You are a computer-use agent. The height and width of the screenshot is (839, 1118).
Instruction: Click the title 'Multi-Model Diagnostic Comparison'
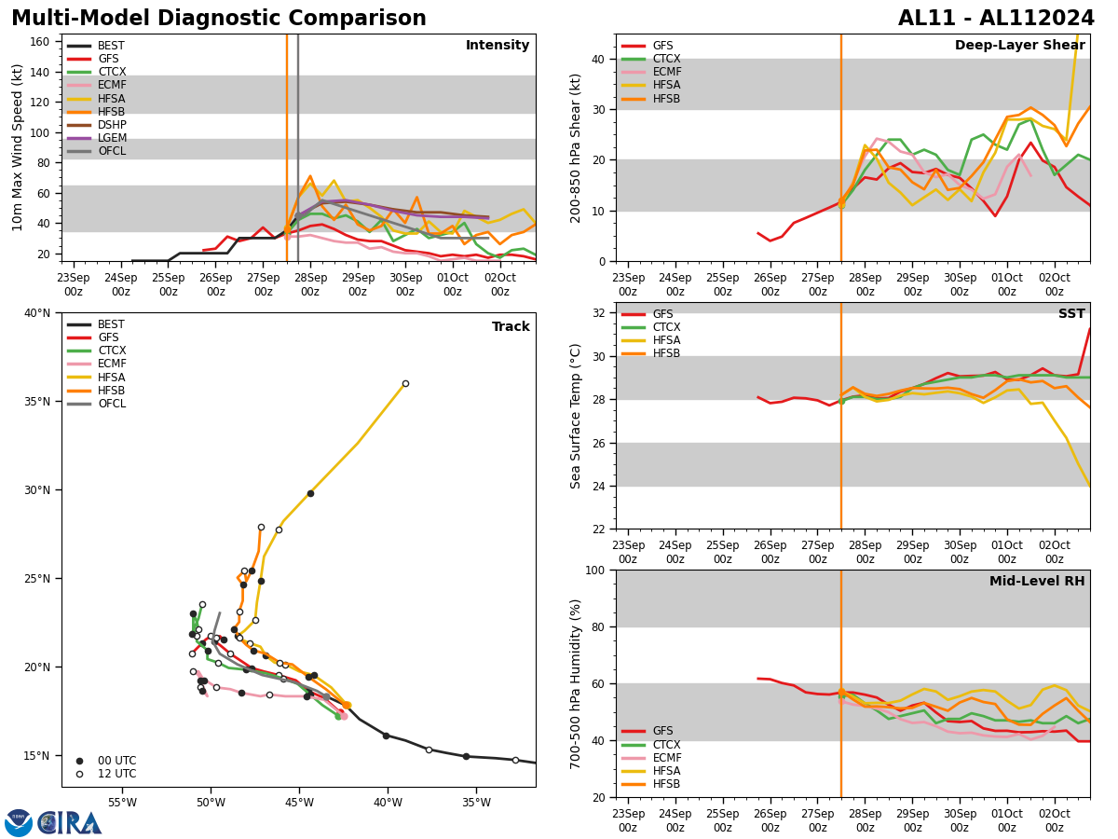[219, 19]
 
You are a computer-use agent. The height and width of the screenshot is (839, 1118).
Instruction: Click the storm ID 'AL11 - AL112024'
[996, 19]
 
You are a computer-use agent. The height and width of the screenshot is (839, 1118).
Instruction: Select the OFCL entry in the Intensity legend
[111, 151]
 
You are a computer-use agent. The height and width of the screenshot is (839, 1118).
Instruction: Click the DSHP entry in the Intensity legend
[112, 125]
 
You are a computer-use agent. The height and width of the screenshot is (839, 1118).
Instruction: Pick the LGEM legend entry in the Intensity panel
[112, 138]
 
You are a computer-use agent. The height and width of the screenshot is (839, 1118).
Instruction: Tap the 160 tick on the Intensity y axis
[40, 42]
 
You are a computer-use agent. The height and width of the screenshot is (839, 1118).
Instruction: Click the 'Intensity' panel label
[498, 46]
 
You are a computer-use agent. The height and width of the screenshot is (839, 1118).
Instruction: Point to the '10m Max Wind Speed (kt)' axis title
[18, 147]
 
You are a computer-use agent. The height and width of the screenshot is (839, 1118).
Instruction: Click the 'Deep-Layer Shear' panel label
[1019, 46]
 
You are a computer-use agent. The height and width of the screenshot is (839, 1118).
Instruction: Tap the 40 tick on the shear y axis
[597, 59]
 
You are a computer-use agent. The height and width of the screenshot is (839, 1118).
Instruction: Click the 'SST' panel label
[1071, 314]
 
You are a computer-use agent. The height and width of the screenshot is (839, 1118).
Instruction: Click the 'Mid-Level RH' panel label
[1037, 582]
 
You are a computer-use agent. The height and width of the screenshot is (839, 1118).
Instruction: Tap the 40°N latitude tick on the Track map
[38, 312]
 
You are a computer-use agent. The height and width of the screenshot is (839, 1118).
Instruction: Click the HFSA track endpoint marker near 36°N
[405, 383]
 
